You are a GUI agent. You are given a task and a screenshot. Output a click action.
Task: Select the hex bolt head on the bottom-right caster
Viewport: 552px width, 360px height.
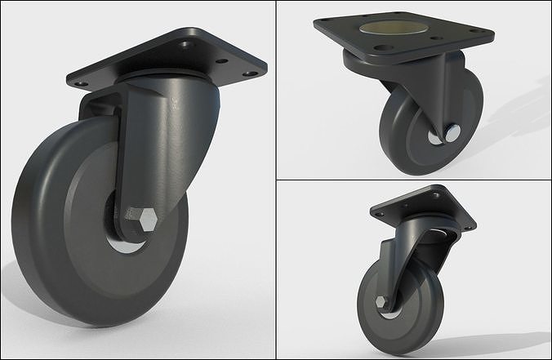pos(381,302)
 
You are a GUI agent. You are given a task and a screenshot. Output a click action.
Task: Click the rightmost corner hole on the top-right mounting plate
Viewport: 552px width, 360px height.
pos(487,33)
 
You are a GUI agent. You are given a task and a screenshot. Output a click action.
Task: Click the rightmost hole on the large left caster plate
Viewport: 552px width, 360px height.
pos(250,73)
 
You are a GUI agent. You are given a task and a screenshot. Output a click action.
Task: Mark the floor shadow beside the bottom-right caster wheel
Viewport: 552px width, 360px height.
pos(490,335)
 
